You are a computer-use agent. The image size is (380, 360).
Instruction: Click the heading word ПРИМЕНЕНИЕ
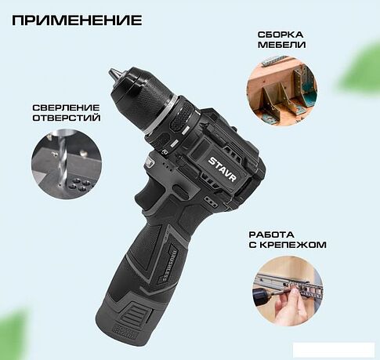click(x=78, y=19)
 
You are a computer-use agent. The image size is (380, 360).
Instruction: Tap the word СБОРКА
click(x=280, y=35)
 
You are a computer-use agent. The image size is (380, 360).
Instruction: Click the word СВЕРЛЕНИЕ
click(x=66, y=107)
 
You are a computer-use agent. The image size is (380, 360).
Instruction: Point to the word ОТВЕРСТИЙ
click(x=66, y=118)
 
